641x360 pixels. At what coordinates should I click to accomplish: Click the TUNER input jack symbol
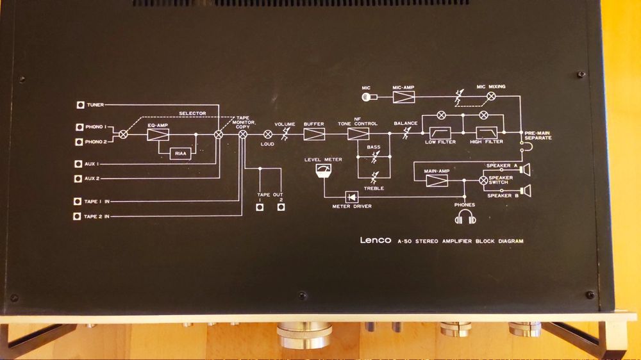[80, 104]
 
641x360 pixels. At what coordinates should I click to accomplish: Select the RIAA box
[180, 154]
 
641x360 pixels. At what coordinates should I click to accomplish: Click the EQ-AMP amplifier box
[158, 135]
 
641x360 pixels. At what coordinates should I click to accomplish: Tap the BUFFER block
[314, 134]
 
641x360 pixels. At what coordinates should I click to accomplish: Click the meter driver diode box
[352, 197]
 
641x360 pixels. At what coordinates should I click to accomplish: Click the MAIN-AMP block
[437, 181]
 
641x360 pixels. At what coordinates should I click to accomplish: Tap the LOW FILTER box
[440, 134]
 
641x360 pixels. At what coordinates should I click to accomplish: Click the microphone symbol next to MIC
[367, 97]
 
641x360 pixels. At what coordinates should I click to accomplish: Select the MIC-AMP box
[404, 97]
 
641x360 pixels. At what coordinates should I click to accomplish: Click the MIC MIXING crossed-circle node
[491, 96]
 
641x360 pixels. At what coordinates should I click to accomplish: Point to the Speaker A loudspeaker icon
[526, 170]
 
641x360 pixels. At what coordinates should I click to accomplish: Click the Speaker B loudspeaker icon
[526, 190]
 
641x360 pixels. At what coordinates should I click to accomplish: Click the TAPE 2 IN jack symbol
[78, 217]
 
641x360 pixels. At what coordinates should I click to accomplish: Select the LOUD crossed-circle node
[268, 134]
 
